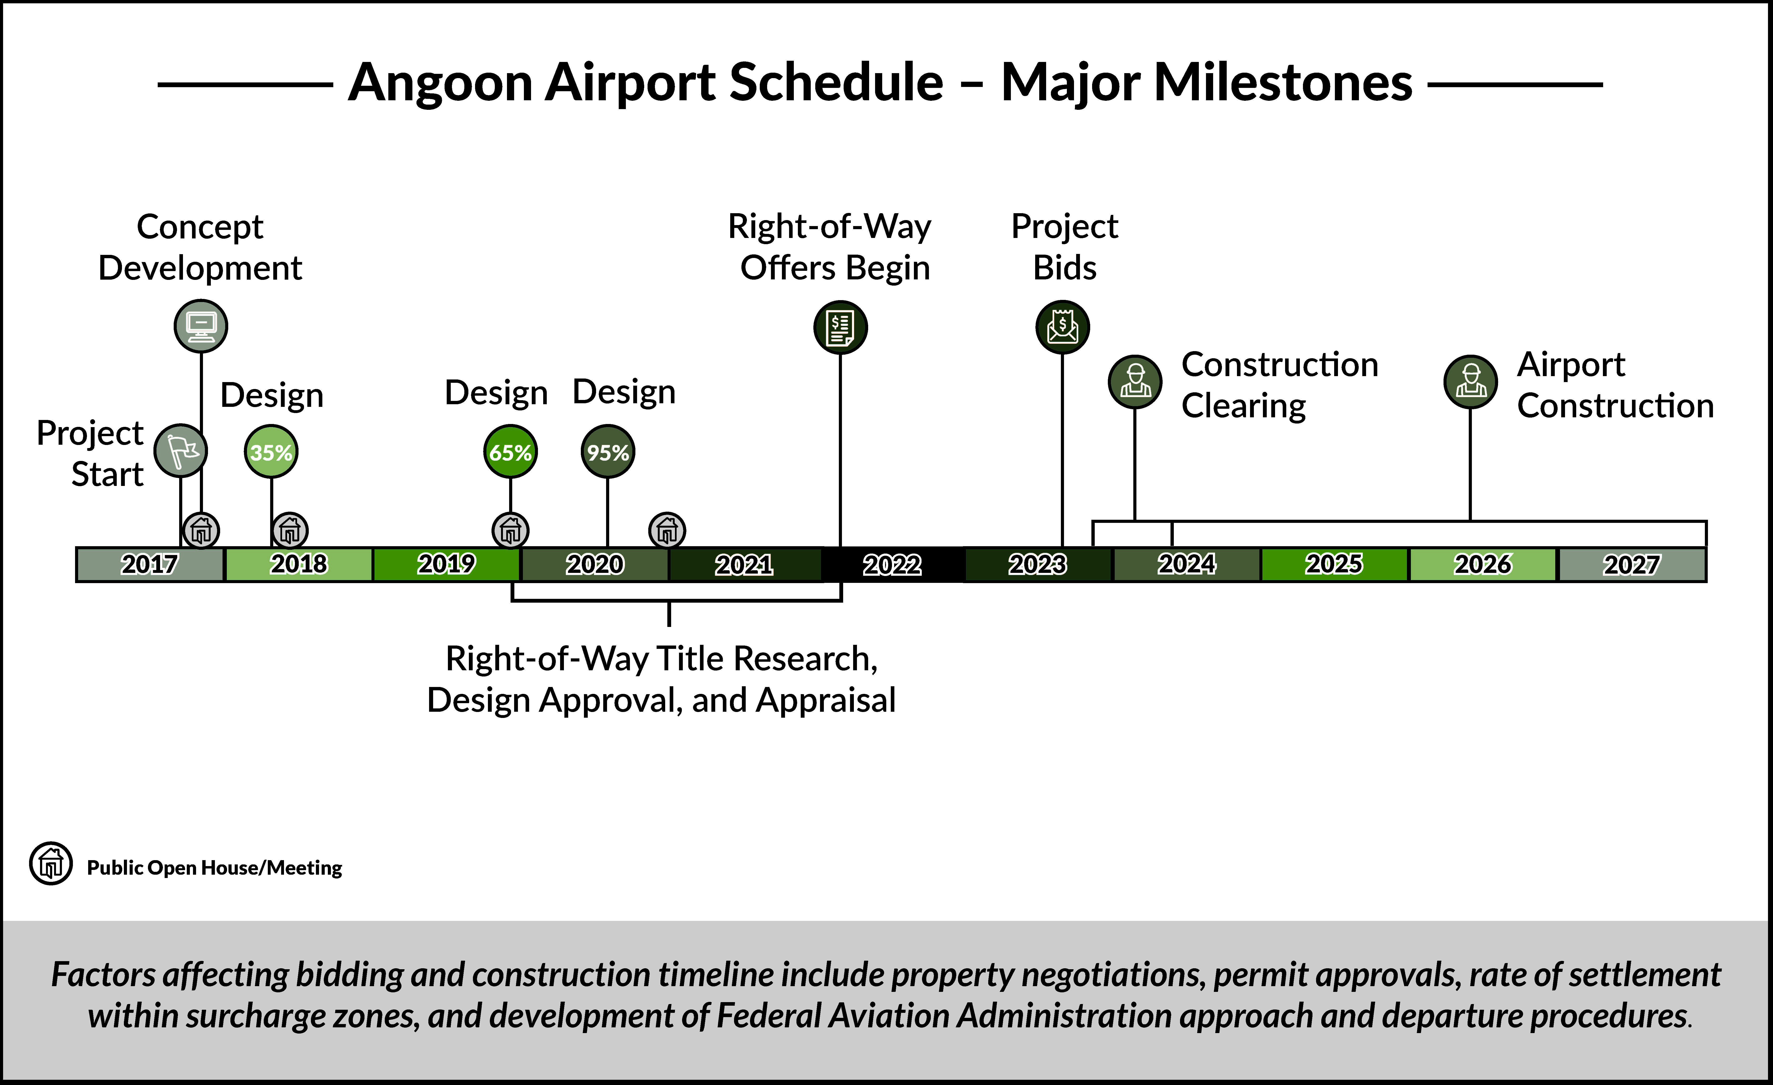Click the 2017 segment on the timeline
[150, 564]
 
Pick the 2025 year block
[1335, 564]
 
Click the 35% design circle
[271, 452]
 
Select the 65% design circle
[510, 452]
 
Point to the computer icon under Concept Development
[201, 326]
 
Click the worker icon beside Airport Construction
[1471, 381]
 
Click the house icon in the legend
[50, 863]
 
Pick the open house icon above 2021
[667, 531]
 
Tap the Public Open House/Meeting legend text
[214, 868]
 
